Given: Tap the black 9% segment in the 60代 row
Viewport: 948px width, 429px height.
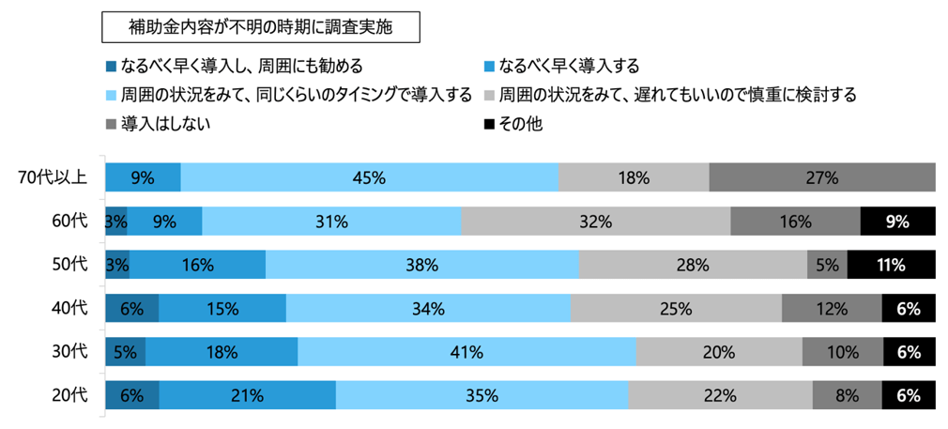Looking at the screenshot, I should tap(897, 222).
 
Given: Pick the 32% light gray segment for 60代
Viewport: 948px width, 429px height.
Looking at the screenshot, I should tap(595, 222).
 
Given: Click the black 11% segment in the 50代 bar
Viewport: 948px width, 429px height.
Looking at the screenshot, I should tap(891, 265).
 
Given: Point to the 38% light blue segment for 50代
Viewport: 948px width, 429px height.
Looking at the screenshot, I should tap(422, 265).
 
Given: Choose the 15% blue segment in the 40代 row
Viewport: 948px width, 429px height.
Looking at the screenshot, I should tap(222, 308).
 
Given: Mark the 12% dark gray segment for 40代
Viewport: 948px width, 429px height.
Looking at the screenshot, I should tap(832, 308).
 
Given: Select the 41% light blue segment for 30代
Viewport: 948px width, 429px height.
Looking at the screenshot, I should tap(466, 352).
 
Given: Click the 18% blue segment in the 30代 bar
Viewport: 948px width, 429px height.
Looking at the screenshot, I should tap(222, 352).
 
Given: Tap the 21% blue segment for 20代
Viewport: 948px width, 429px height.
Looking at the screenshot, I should tap(247, 395).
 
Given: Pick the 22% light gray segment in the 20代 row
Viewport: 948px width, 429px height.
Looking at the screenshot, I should tap(720, 395).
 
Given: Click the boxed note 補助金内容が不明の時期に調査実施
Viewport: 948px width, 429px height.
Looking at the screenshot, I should tap(260, 27).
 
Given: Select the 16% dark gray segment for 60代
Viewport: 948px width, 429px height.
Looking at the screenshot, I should tap(795, 222).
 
